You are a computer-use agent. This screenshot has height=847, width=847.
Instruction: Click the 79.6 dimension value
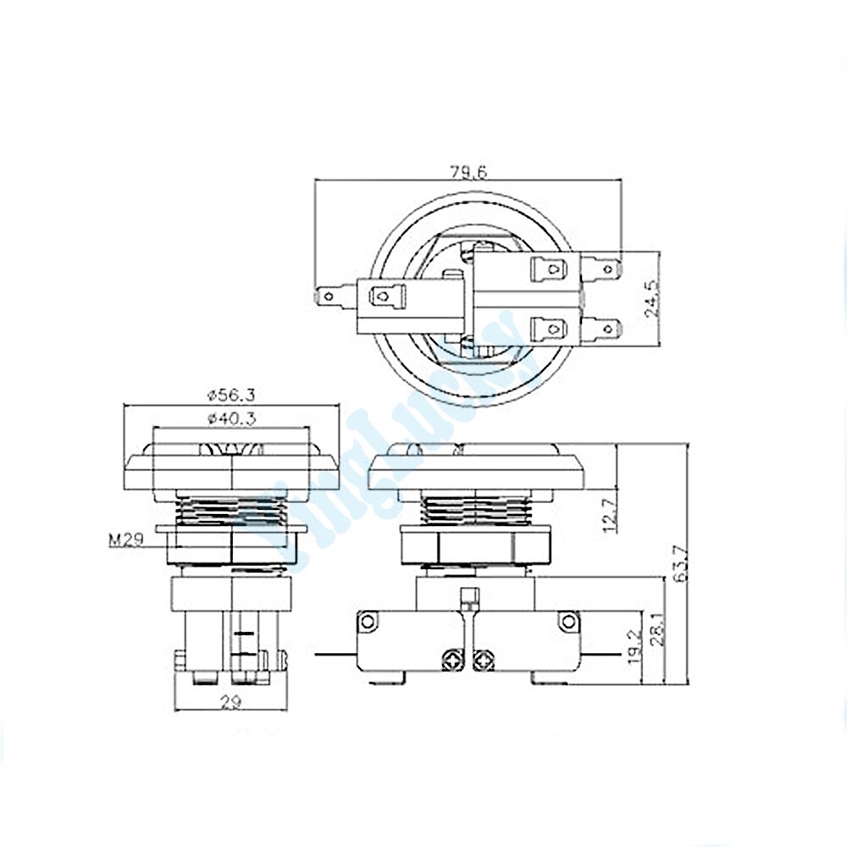click(468, 172)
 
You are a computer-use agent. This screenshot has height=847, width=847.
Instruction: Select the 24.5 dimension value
click(650, 298)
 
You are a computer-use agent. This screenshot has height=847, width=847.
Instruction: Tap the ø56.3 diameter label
click(231, 394)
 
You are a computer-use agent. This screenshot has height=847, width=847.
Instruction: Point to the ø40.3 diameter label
click(231, 418)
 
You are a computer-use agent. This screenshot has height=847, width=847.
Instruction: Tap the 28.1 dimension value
click(656, 629)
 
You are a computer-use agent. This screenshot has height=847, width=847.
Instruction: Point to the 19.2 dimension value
click(634, 650)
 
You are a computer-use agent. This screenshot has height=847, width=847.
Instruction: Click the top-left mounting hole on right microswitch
click(367, 621)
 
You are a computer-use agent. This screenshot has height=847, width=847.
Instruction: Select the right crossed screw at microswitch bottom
click(484, 656)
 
